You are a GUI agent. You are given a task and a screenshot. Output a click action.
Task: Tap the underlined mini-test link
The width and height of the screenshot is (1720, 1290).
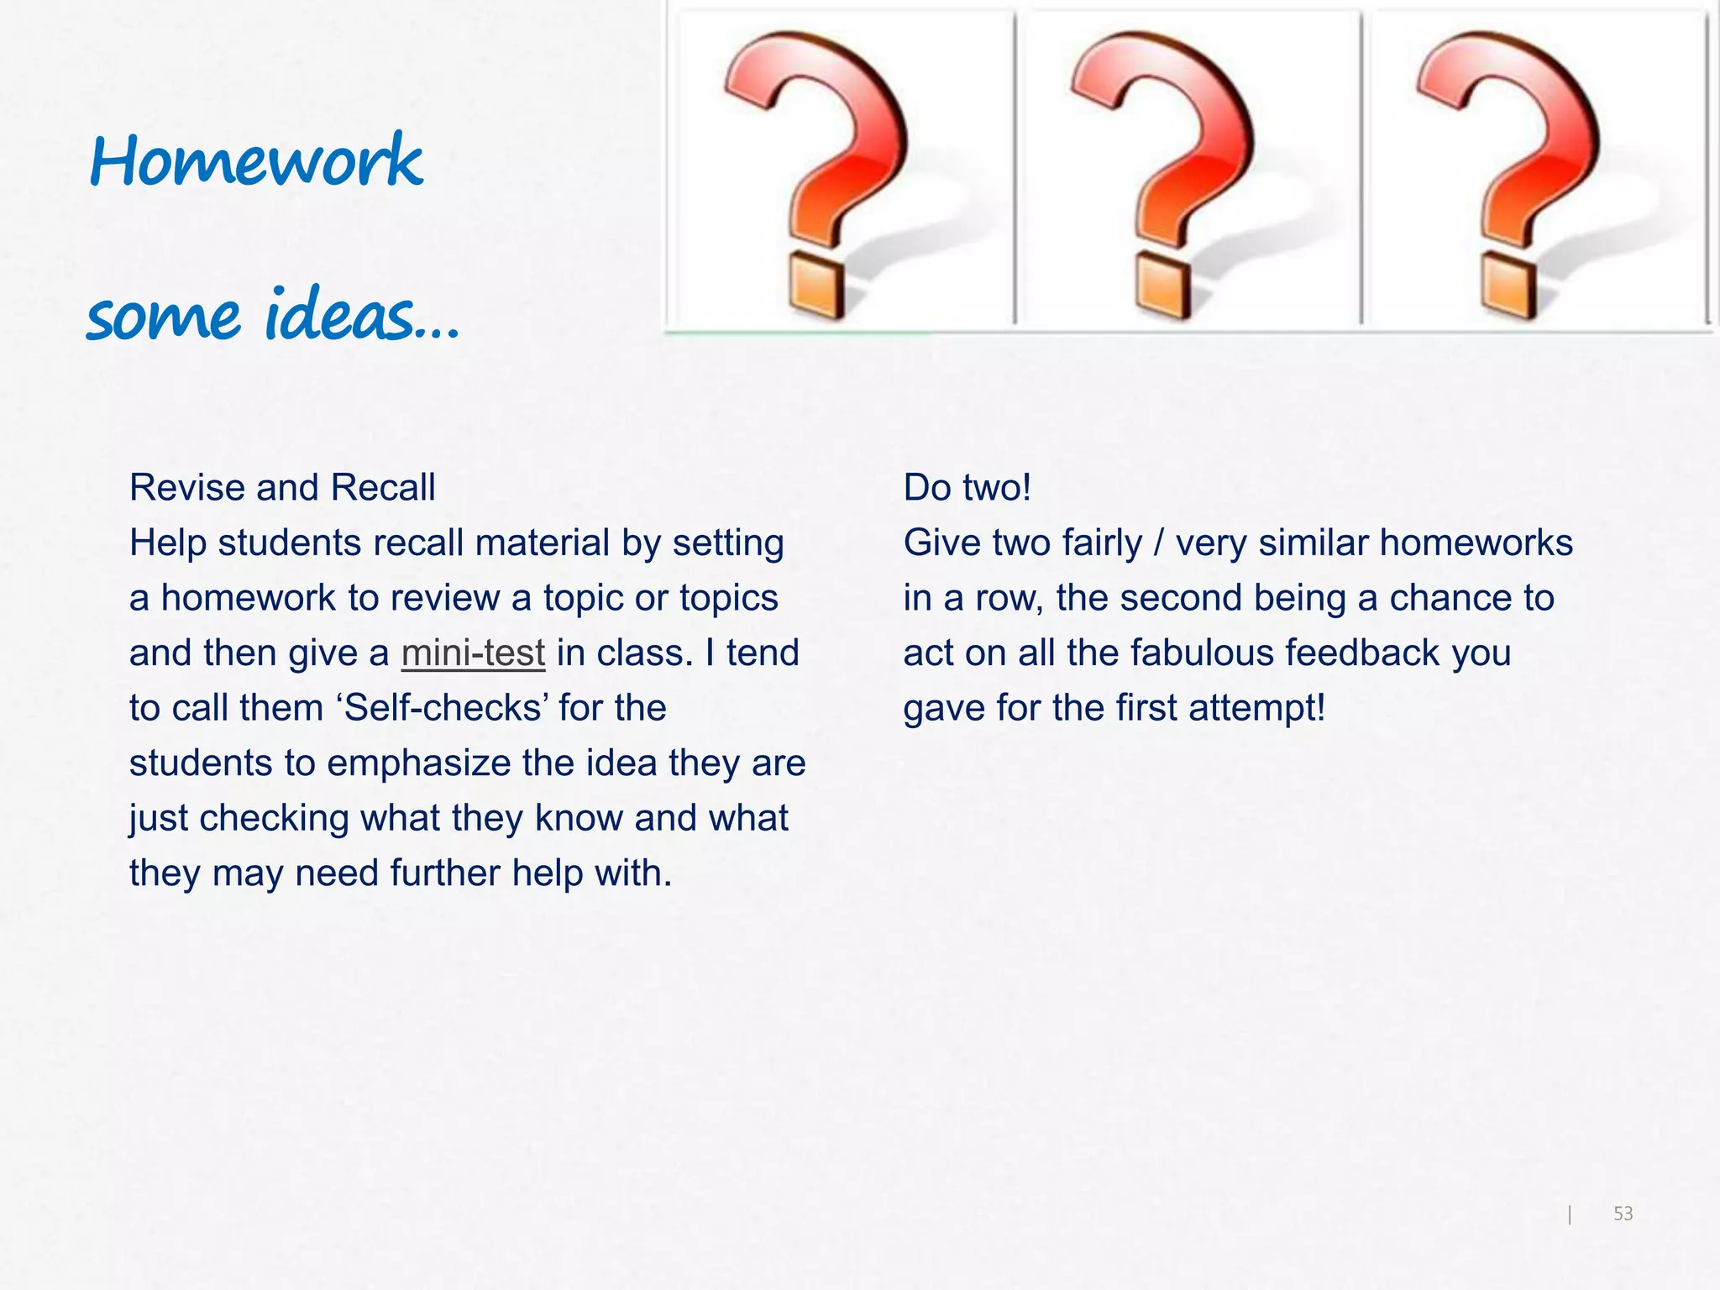click(x=473, y=653)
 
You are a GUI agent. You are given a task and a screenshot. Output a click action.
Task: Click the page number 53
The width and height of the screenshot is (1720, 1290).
click(x=1623, y=1214)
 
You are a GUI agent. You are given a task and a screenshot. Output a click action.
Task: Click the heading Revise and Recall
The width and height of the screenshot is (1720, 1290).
click(x=282, y=488)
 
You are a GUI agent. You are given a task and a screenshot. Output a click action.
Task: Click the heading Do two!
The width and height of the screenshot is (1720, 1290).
click(x=967, y=488)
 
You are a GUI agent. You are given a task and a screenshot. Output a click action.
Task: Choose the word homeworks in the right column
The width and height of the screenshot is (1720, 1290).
click(x=1476, y=543)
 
